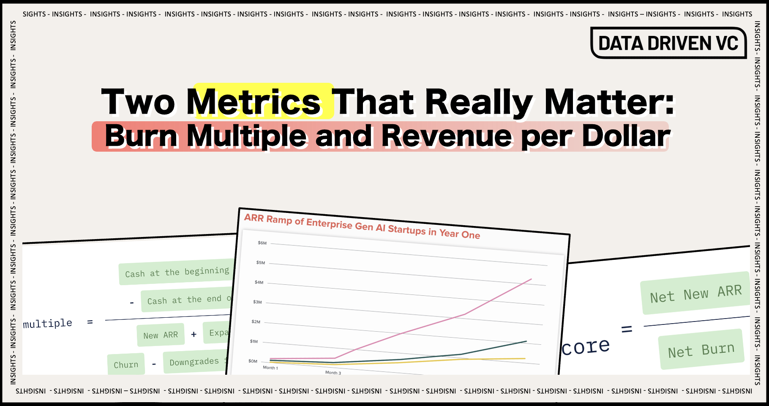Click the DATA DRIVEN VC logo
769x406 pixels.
668,43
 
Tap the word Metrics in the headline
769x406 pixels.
254,102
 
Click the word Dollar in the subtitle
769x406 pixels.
626,136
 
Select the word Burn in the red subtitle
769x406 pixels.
141,136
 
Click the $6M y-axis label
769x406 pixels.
262,243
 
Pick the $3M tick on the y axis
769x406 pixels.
257,302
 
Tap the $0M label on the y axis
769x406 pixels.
253,361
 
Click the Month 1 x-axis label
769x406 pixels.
270,368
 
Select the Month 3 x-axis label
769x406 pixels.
333,373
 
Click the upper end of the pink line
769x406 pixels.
531,279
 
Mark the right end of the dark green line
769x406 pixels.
526,341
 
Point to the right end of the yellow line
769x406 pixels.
525,359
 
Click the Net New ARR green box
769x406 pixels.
695,293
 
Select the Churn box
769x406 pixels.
126,364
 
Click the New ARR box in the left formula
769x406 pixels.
161,335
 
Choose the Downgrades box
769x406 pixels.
194,362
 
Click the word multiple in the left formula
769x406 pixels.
47,324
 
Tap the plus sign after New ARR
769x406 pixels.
194,335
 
